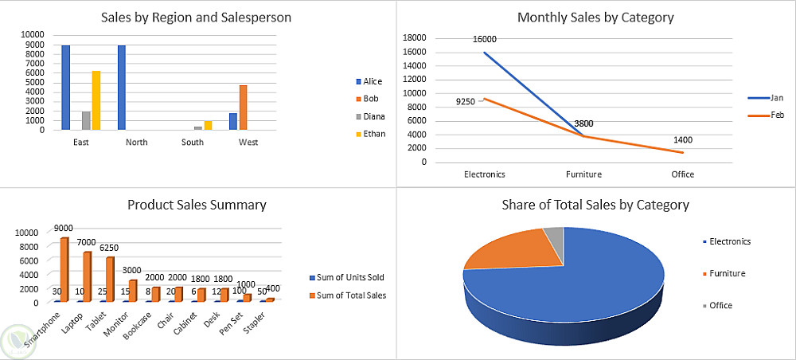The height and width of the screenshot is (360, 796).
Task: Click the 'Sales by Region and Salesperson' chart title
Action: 195,18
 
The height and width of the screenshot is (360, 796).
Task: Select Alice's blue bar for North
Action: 122,88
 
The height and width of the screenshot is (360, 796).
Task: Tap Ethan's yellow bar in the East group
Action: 96,100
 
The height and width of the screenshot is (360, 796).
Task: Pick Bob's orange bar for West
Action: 243,108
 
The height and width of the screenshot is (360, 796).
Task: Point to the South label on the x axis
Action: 192,143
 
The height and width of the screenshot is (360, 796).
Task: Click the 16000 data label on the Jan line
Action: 484,39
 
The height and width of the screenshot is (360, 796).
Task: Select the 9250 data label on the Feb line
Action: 466,102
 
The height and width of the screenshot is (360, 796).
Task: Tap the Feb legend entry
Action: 776,116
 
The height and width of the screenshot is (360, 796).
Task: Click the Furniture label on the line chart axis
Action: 583,174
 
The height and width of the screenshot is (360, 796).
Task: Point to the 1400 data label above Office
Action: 682,139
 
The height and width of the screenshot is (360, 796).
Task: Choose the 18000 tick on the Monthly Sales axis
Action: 416,38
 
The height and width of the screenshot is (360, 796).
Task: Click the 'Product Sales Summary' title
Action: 197,205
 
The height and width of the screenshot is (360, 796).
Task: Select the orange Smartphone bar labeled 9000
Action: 64,269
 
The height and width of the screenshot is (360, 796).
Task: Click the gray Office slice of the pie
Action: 553,235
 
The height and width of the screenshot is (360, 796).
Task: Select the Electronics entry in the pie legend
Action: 729,241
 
